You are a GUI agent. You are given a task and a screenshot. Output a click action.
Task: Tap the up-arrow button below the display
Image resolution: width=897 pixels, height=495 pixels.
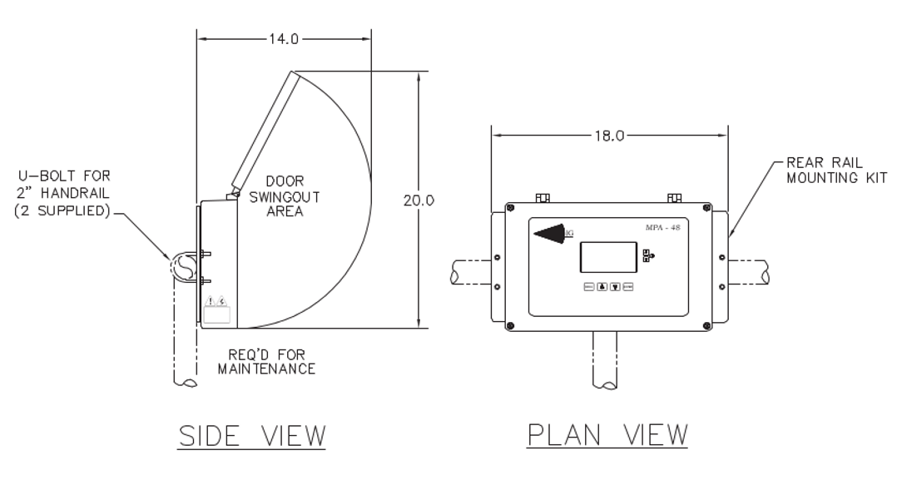click(x=602, y=287)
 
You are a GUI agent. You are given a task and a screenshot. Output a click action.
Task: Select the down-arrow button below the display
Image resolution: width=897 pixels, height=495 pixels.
click(x=615, y=287)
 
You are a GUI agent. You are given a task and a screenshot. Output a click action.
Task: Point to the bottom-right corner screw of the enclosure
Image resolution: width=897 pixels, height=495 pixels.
click(x=706, y=324)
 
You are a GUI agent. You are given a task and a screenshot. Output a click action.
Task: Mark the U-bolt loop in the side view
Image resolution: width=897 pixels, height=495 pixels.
click(x=183, y=266)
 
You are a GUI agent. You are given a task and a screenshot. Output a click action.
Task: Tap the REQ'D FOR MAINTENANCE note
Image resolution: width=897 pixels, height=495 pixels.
click(x=266, y=361)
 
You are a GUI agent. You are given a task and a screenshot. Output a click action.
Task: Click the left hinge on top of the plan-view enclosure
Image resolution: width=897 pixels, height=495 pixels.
click(x=543, y=198)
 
